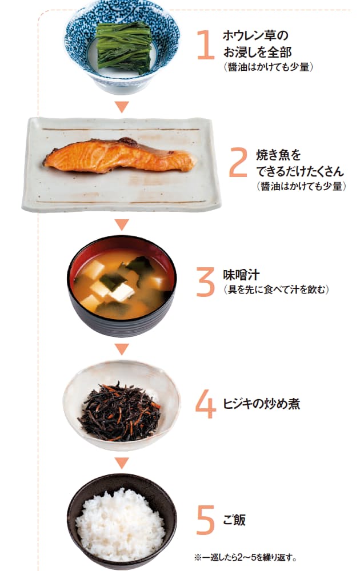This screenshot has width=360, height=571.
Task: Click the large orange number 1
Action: (206, 45)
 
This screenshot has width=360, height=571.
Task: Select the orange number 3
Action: (206, 282)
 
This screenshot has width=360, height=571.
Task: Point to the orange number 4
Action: (206, 404)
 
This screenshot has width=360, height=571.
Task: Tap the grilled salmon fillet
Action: (119, 156)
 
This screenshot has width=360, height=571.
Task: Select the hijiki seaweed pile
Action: (120, 412)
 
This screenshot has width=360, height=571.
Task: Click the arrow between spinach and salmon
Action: (122, 107)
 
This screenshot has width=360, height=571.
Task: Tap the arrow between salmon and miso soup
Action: (122, 224)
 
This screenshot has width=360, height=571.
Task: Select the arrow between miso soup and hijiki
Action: (122, 349)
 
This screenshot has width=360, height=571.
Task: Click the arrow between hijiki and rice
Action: (122, 463)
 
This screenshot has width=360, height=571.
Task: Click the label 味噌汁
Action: (242, 275)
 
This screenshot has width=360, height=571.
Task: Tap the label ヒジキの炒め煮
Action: (261, 404)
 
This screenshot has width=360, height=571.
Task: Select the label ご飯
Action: (234, 520)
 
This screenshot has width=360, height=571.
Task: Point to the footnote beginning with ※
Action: (245, 557)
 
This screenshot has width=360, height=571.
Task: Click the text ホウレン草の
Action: (255, 35)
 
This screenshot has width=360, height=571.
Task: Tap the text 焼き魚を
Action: (279, 155)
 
